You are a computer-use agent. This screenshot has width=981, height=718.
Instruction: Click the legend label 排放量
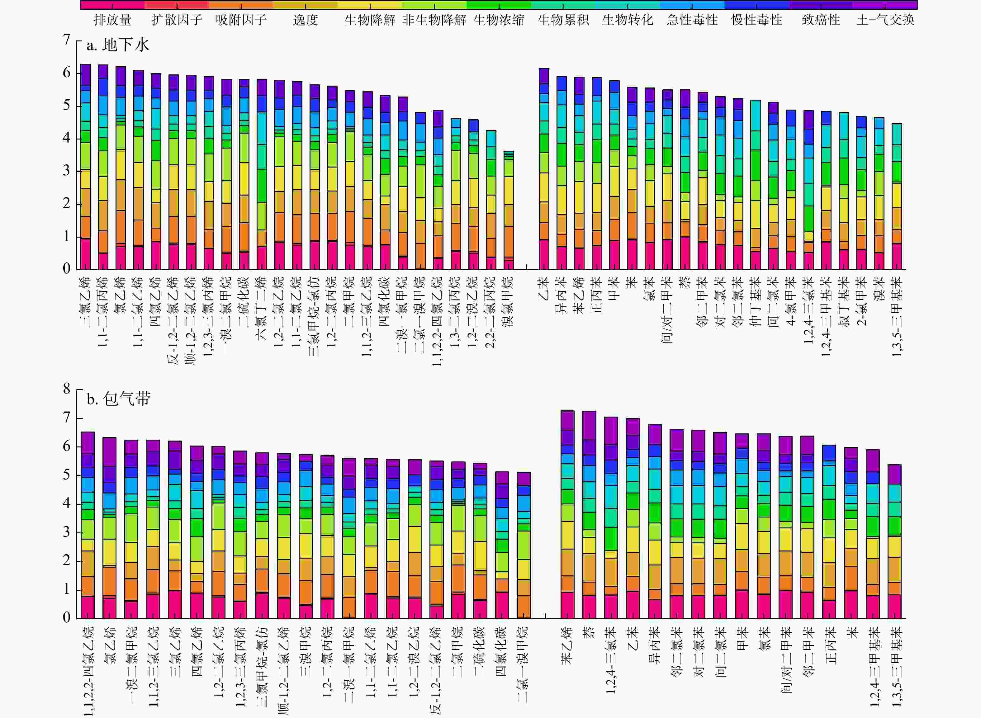[x=112, y=20]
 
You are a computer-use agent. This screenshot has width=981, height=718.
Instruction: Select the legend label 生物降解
[x=370, y=20]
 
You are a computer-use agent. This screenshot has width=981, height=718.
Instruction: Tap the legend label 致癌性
[x=821, y=20]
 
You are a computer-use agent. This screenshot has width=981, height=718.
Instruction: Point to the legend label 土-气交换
[x=885, y=20]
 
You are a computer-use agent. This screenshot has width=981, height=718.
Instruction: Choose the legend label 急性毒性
[x=692, y=20]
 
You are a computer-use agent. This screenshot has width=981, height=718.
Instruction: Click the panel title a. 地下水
[x=118, y=45]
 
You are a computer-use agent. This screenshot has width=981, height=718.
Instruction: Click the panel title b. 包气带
[x=118, y=399]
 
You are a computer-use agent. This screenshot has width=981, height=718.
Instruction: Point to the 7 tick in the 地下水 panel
[x=67, y=40]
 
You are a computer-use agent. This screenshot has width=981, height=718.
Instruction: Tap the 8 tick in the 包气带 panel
[x=67, y=389]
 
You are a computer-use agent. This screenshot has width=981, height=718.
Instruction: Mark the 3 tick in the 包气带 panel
[x=67, y=532]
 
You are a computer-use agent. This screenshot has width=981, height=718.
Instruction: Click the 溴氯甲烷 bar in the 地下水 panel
[x=509, y=210]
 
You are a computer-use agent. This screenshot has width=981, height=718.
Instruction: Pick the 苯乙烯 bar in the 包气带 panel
[x=567, y=515]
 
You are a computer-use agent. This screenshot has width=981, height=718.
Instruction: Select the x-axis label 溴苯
[x=879, y=289]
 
